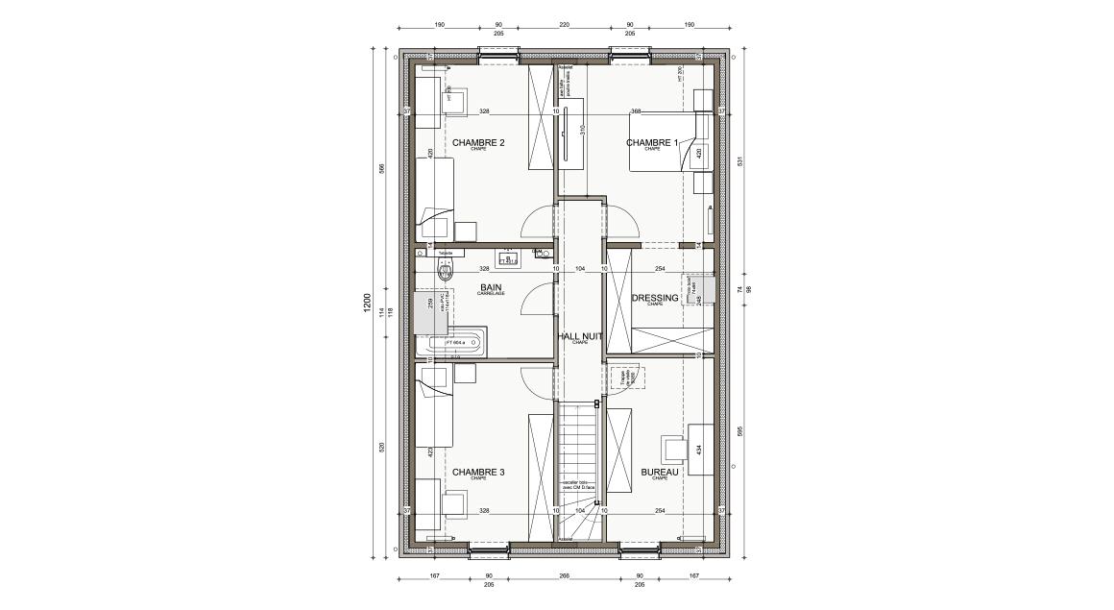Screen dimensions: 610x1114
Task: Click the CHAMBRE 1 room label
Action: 652,143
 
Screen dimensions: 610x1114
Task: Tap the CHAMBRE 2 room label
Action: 478,143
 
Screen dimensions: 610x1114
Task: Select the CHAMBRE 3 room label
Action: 478,472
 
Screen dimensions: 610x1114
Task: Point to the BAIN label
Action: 491,287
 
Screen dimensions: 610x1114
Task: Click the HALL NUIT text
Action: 580,336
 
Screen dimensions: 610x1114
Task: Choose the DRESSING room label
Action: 655,298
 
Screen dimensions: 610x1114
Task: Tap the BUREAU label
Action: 660,473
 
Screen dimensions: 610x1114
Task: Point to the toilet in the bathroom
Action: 444,269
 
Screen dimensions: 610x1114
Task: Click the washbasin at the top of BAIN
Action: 509,256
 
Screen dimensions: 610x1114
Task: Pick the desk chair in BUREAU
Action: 672,449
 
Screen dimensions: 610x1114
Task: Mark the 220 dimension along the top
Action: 564,25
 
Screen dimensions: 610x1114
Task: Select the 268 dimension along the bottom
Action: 564,577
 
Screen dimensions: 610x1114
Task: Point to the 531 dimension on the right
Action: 739,161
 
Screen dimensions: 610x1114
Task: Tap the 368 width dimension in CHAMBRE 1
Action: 635,111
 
